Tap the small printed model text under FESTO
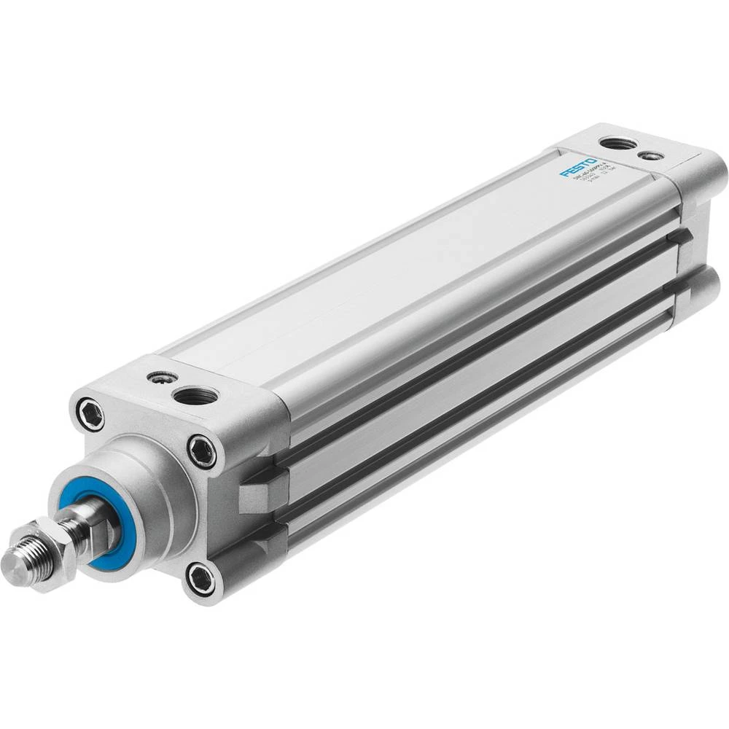tap(583, 182)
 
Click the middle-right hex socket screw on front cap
tap(201, 451)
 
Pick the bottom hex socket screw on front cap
tap(200, 579)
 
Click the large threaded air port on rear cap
tap(617, 143)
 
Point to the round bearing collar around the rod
tap(139, 474)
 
